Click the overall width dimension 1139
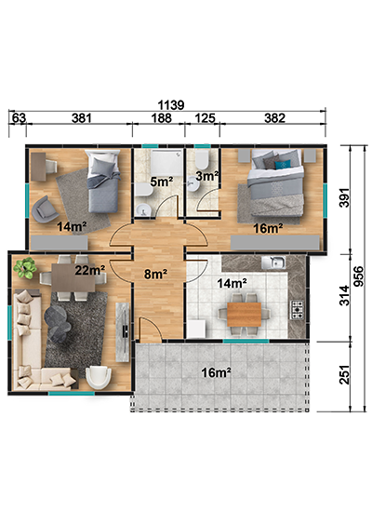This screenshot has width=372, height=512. pyautogui.click(x=171, y=105)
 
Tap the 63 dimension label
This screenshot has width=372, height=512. pyautogui.click(x=19, y=118)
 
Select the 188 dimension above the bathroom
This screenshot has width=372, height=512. pyautogui.click(x=161, y=118)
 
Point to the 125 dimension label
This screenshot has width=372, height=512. pyautogui.click(x=205, y=118)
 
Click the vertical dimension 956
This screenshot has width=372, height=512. pyautogui.click(x=358, y=276)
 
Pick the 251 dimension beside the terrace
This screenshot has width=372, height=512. pyautogui.click(x=344, y=374)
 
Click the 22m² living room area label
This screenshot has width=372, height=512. pyautogui.click(x=90, y=270)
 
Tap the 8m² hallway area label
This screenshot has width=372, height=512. pyautogui.click(x=156, y=275)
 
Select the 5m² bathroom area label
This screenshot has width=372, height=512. pyautogui.click(x=162, y=182)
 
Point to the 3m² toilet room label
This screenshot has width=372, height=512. pyautogui.click(x=207, y=176)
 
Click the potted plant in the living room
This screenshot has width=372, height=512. pyautogui.click(x=25, y=268)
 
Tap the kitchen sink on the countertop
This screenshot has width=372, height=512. pyautogui.click(x=273, y=262)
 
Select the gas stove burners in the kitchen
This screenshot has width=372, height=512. pyautogui.click(x=297, y=310)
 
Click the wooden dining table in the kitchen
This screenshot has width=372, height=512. pyautogui.click(x=245, y=314)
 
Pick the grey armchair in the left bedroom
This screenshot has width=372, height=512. pyautogui.click(x=45, y=209)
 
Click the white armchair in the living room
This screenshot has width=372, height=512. pyautogui.click(x=99, y=377)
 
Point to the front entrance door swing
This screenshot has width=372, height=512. pyautogui.click(x=150, y=330)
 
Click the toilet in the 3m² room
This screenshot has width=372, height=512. pyautogui.click(x=203, y=160)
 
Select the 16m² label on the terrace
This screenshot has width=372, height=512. pyautogui.click(x=217, y=372)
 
